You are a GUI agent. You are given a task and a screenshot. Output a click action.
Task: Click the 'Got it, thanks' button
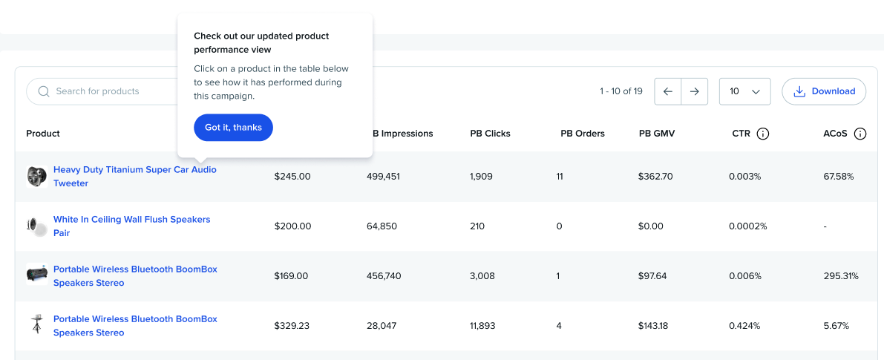pyautogui.click(x=233, y=128)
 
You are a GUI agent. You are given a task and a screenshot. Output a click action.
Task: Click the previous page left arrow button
pyautogui.click(x=668, y=91)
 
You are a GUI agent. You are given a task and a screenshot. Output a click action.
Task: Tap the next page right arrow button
pyautogui.click(x=695, y=91)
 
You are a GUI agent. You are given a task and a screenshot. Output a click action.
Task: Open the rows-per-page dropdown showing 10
pyautogui.click(x=745, y=91)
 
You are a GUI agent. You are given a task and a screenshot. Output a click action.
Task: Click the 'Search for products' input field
pyautogui.click(x=104, y=91)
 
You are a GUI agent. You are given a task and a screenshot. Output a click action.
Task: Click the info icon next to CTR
pyautogui.click(x=762, y=134)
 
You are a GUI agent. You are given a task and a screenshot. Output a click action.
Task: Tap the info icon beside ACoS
pyautogui.click(x=860, y=134)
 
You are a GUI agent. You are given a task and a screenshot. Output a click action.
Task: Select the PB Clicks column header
pyautogui.click(x=490, y=134)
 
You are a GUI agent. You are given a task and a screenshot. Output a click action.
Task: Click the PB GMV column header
pyautogui.click(x=656, y=134)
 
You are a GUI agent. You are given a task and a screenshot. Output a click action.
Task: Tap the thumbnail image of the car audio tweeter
pyautogui.click(x=36, y=177)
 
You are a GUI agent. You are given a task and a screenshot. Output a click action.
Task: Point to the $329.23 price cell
pyautogui.click(x=292, y=326)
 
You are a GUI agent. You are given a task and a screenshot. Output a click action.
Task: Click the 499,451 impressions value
pyautogui.click(x=383, y=177)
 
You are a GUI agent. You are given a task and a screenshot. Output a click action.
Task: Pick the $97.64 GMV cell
pyautogui.click(x=652, y=276)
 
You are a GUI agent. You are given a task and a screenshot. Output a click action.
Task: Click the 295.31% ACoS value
pyautogui.click(x=841, y=276)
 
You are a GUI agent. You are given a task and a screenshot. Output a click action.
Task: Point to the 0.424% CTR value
pyautogui.click(x=744, y=326)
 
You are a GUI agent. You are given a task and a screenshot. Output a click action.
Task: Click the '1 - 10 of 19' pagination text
pyautogui.click(x=621, y=91)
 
